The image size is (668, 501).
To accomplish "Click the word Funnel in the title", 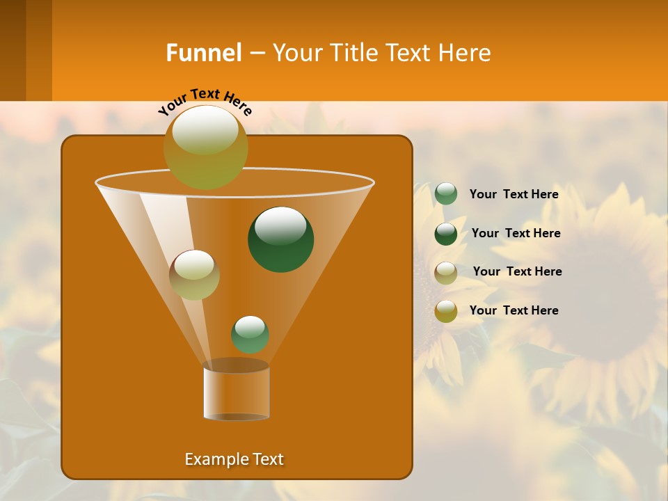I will click(x=203, y=52).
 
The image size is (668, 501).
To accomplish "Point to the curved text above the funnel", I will click(x=205, y=102).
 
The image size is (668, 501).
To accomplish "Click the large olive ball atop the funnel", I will click(x=205, y=148).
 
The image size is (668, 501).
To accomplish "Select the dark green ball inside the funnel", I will click(x=280, y=239).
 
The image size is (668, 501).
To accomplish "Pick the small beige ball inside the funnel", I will click(x=194, y=274).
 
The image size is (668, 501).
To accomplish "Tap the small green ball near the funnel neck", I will click(x=250, y=335).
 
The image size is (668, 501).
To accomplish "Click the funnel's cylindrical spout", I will click(x=236, y=391).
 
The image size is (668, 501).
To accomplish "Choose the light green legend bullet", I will click(x=446, y=194).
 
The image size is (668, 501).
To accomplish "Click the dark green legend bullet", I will click(x=446, y=234).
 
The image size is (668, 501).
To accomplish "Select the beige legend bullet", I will click(x=446, y=273).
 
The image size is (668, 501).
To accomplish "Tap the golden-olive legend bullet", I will click(x=446, y=311).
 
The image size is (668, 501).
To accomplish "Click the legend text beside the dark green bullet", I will click(x=516, y=233).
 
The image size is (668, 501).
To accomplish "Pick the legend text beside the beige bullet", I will click(x=517, y=271).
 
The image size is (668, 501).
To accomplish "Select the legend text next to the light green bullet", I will click(x=514, y=194).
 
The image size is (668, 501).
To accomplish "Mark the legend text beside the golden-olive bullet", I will click(x=514, y=310).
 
